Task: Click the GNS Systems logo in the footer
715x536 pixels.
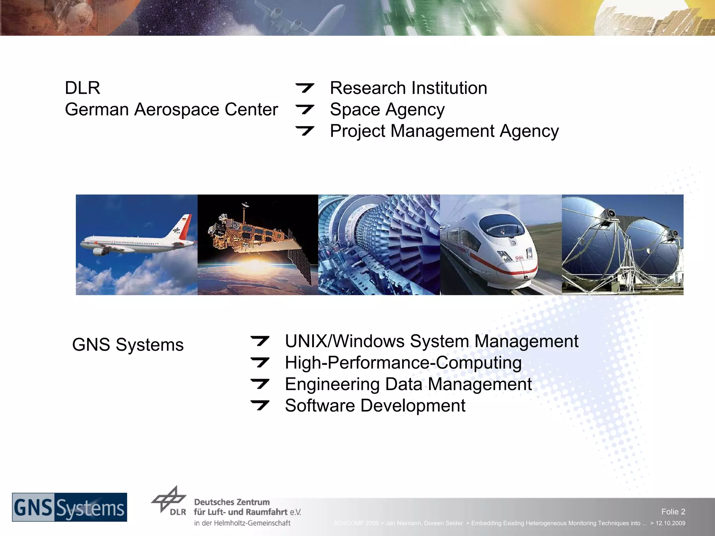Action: (69, 507)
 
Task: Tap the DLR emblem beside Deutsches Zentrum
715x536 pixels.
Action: (169, 500)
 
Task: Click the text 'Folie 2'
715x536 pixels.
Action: (673, 512)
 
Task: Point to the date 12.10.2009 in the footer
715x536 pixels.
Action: (670, 523)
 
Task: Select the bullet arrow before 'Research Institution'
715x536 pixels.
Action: (305, 88)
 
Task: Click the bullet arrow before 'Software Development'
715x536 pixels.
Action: (260, 405)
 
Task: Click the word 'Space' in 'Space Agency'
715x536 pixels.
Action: (354, 110)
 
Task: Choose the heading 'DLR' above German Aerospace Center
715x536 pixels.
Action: (82, 88)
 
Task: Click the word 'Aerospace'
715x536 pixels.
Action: (177, 110)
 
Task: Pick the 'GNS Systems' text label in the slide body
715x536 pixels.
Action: (128, 345)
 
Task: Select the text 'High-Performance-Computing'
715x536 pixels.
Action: (403, 363)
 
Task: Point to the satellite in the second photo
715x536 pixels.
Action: (251, 234)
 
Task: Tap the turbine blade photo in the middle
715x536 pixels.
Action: (379, 245)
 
